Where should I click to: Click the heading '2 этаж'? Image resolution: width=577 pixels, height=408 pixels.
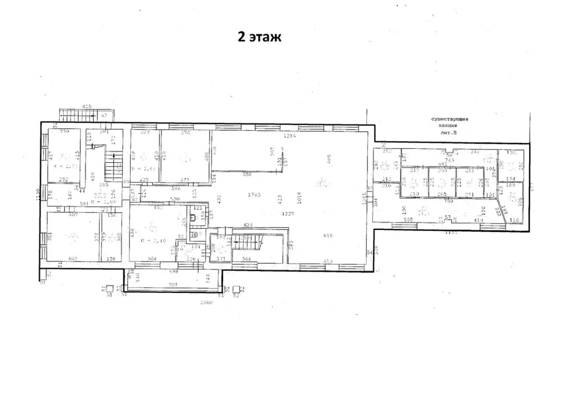(258, 37)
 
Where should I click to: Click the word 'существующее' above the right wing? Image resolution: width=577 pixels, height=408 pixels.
(450, 119)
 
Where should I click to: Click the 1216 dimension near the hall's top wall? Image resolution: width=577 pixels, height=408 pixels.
(289, 136)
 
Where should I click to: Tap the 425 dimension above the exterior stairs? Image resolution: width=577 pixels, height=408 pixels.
(87, 106)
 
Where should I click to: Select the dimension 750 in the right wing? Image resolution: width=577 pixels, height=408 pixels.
(449, 201)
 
